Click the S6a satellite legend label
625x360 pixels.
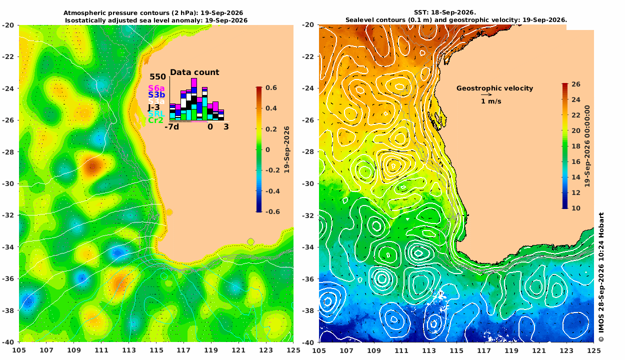156,88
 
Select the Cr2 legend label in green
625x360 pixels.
155,120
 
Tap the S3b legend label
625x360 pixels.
156,95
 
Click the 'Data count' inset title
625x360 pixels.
194,72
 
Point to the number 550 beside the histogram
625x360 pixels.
157,76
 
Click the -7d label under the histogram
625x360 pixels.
172,127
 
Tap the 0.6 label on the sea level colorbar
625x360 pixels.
271,87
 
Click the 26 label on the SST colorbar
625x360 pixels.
576,84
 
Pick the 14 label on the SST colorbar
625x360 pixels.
576,177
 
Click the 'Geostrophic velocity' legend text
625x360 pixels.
494,88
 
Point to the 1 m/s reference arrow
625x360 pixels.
486,95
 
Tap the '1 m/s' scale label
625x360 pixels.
491,101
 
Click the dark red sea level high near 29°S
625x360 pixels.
92,166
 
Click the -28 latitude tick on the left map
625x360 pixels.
8,152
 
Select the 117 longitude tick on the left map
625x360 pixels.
183,350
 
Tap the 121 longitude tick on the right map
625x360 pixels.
539,350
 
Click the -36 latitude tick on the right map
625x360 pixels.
308,279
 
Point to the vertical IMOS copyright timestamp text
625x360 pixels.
601,277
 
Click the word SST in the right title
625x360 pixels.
419,12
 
